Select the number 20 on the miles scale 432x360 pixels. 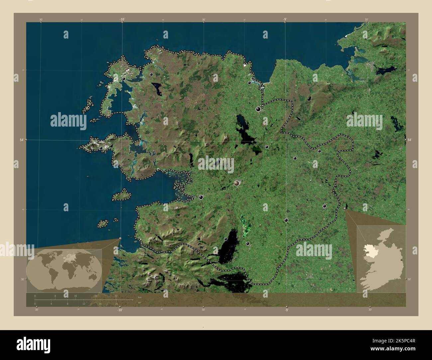pos(116,304)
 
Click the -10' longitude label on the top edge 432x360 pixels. pos(122,20)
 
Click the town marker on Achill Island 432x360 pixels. pos(101,148)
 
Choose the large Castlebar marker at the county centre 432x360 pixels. pos(237,183)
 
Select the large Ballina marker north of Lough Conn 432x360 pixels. pos(258,109)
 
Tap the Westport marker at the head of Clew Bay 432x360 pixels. pos(201,197)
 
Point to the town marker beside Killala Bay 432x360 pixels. pos(249,83)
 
